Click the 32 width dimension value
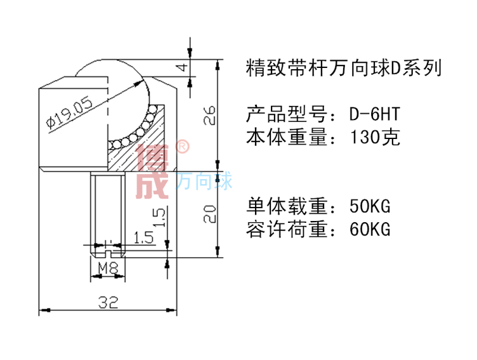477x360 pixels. click(108, 303)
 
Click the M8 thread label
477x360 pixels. click(110, 269)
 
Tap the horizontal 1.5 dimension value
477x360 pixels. click(145, 238)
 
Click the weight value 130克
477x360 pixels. click(375, 137)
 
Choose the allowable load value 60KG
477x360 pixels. click(370, 229)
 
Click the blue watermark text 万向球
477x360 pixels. click(204, 182)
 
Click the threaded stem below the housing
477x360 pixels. click(108, 210)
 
